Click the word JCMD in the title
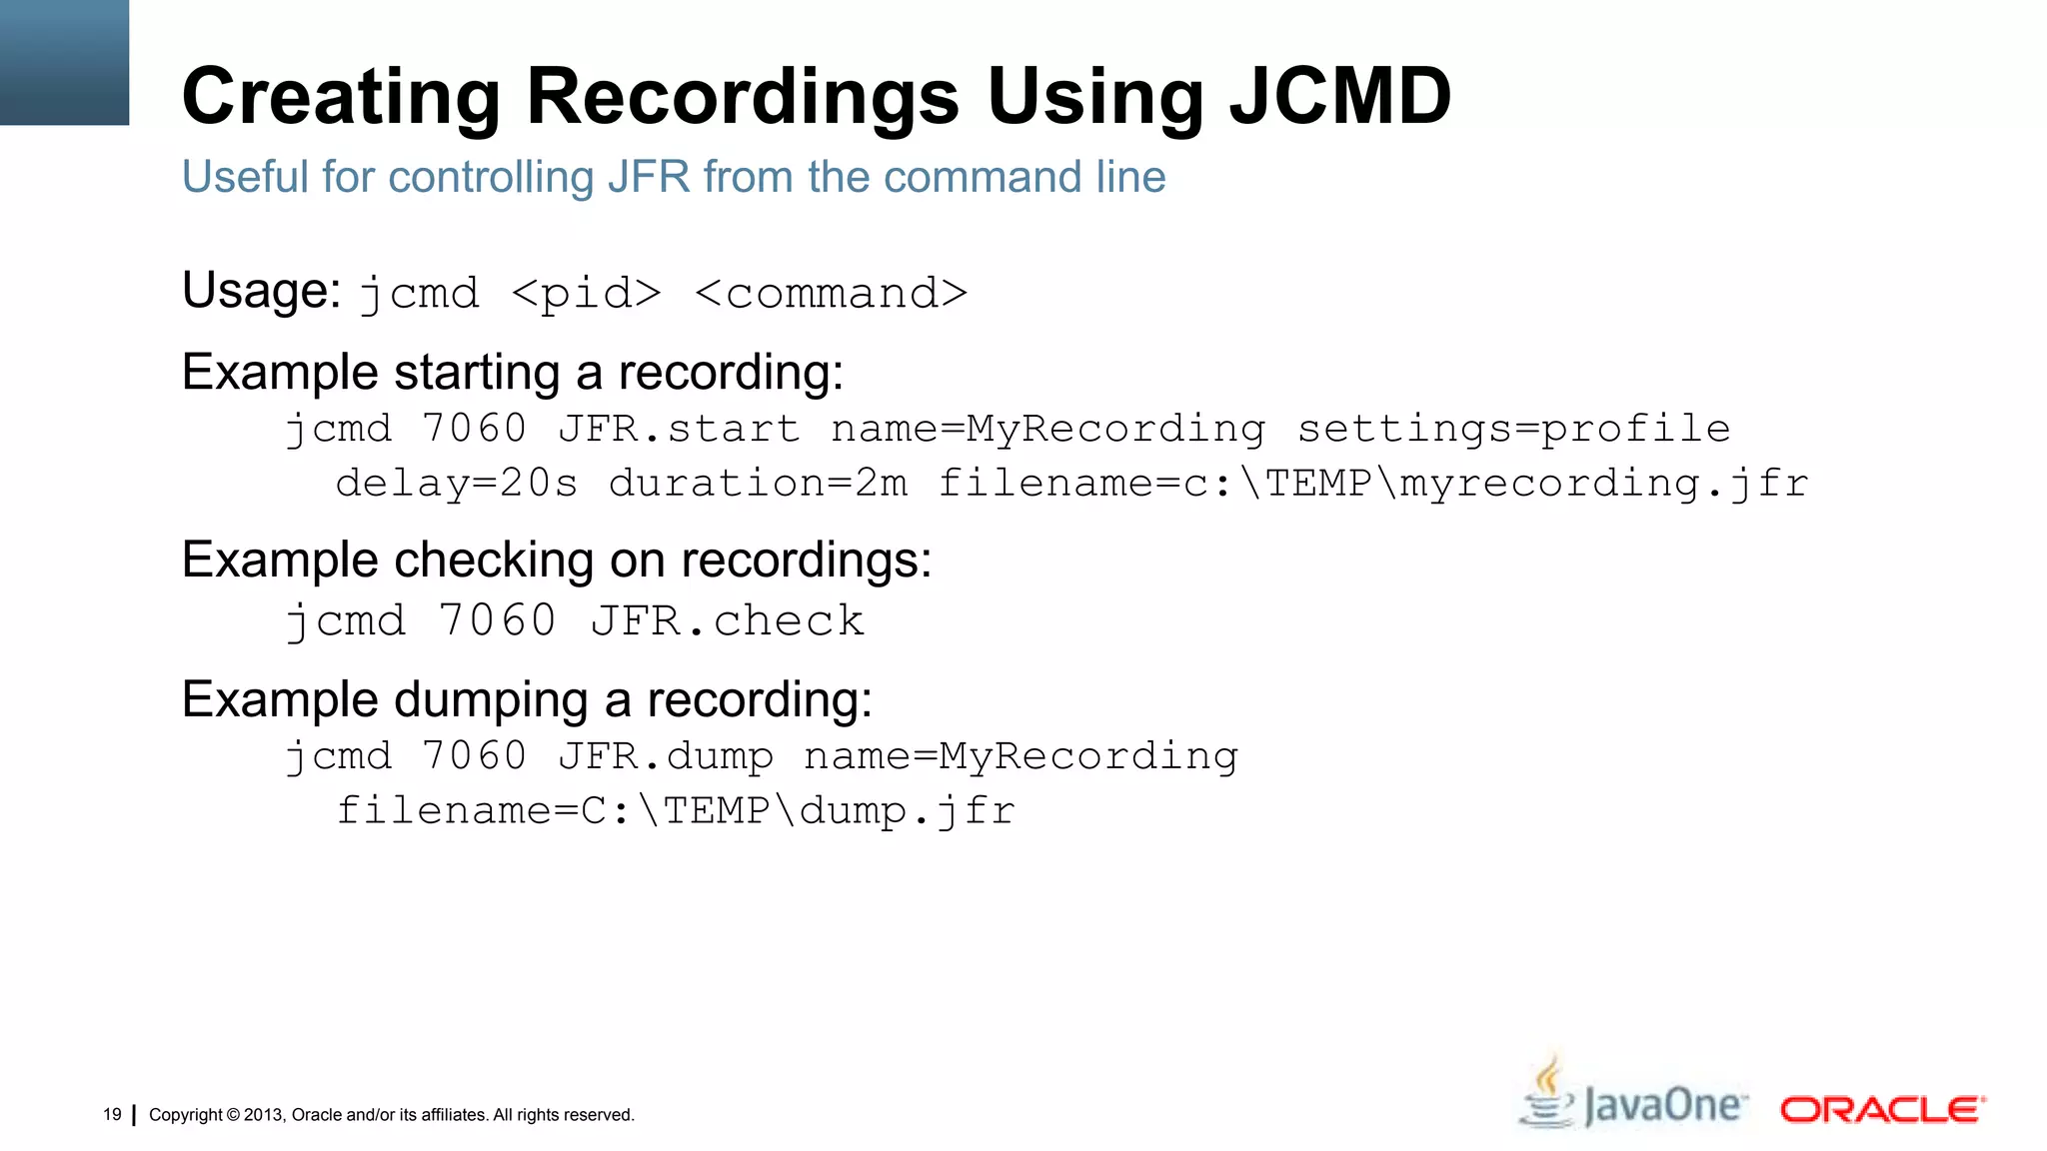tap(1339, 97)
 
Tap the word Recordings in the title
tap(743, 97)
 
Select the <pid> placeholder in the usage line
tap(586, 294)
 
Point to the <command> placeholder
tap(831, 294)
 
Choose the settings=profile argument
tap(1513, 429)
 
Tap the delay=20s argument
tap(457, 484)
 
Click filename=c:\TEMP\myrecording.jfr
tap(1373, 484)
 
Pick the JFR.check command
tap(727, 621)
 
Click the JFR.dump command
tap(666, 756)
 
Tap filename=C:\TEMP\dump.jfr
tap(676, 810)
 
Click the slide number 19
tap(112, 1114)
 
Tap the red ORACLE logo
tap(1882, 1109)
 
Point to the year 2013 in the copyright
tap(264, 1115)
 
